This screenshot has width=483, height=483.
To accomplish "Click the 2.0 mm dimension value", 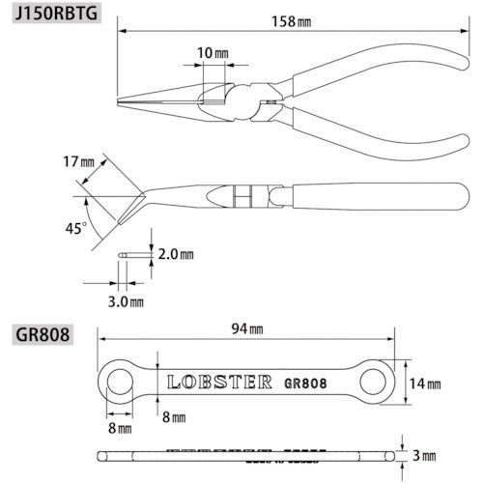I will [173, 254].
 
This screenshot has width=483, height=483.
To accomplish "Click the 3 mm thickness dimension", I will [425, 455].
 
